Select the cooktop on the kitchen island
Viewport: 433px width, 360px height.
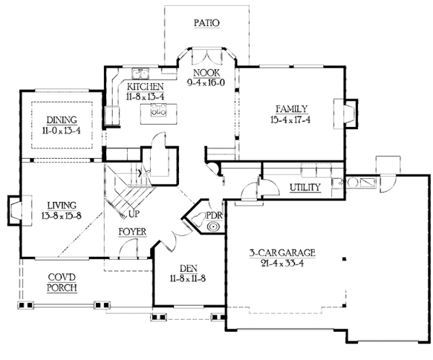click(158, 110)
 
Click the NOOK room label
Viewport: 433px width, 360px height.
click(206, 73)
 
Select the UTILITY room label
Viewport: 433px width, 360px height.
click(305, 188)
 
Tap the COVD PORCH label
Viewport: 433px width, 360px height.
click(63, 283)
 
